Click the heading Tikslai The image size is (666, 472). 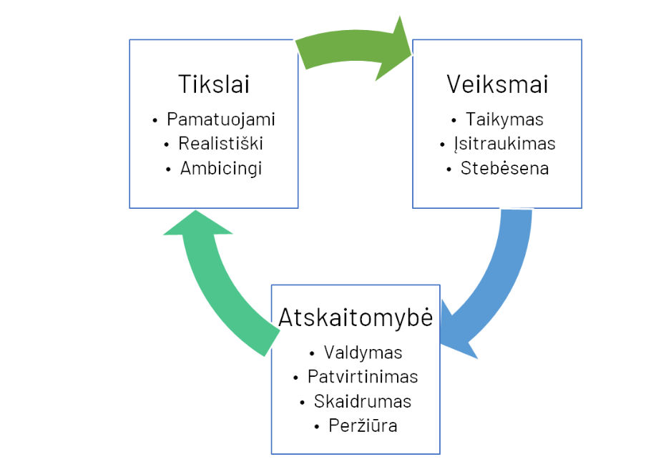pyautogui.click(x=214, y=84)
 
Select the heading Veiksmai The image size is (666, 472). pyautogui.click(x=497, y=84)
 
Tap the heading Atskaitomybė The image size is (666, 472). pyautogui.click(x=356, y=317)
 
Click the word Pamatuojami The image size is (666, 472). pyautogui.click(x=221, y=119)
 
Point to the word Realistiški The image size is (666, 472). pyautogui.click(x=221, y=144)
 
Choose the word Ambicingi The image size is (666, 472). pyautogui.click(x=221, y=169)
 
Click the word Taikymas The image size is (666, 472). pyautogui.click(x=504, y=119)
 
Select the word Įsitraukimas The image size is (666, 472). pyautogui.click(x=504, y=144)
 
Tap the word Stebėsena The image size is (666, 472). pyautogui.click(x=504, y=168)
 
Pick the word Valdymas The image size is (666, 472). pyautogui.click(x=363, y=353)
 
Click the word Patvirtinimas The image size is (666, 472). pyautogui.click(x=363, y=376)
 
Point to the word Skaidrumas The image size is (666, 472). pyautogui.click(x=363, y=401)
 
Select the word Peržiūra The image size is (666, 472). pyautogui.click(x=363, y=426)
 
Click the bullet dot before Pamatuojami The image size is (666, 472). pyautogui.click(x=155, y=121)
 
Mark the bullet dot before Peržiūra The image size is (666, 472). pyautogui.click(x=316, y=426)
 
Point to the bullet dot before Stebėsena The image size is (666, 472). pyautogui.click(x=449, y=169)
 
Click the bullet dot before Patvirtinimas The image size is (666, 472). pyautogui.click(x=295, y=378)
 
